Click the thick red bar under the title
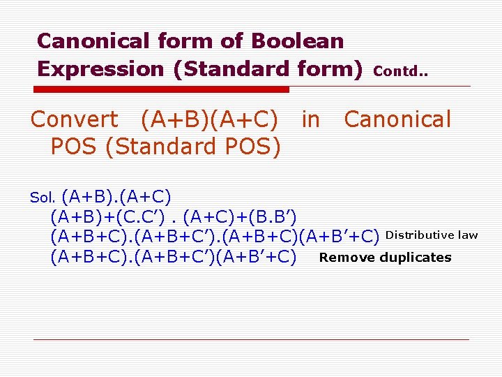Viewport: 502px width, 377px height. [x=162, y=89]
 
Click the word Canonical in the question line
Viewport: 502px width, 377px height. [x=397, y=119]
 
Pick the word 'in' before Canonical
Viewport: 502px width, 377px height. [x=310, y=119]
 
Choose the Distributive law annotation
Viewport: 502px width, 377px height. [x=432, y=235]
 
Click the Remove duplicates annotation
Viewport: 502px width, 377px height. [x=385, y=258]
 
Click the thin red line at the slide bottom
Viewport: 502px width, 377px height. [x=251, y=339]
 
